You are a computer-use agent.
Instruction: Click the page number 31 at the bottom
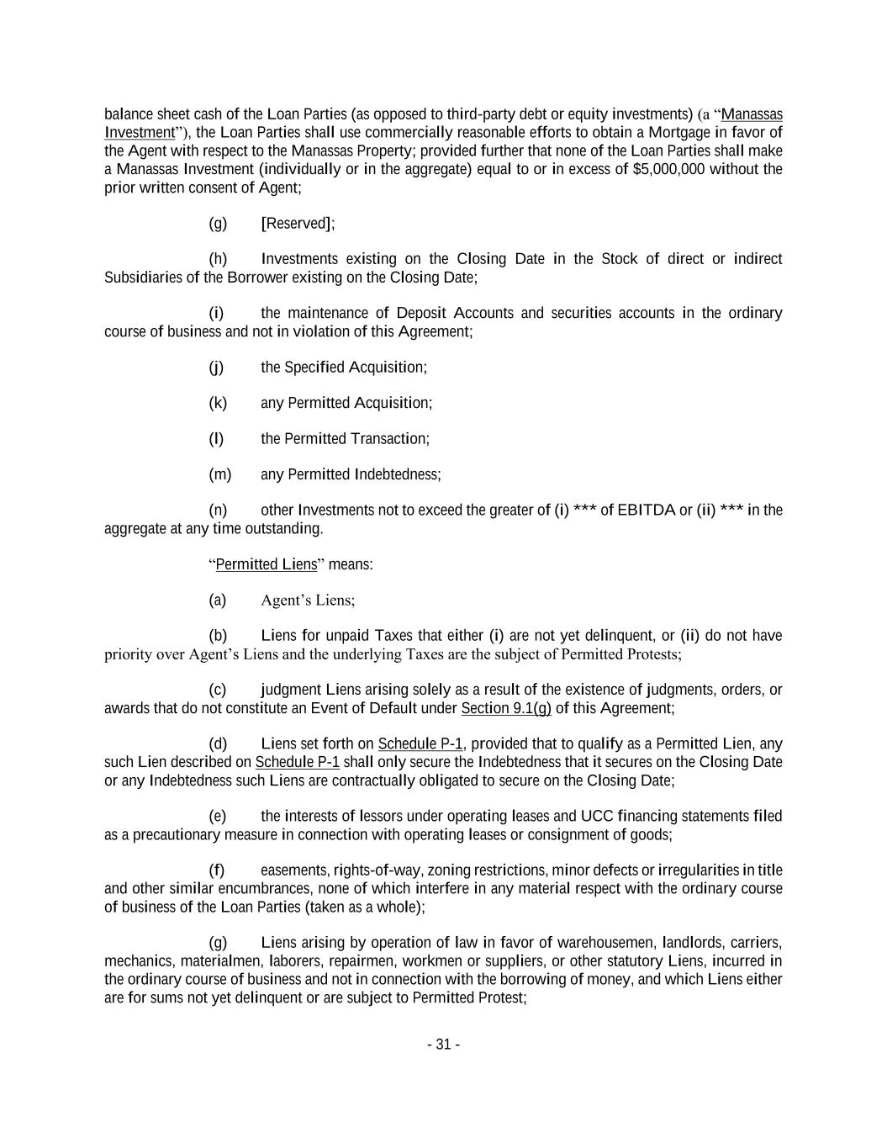tap(443, 1045)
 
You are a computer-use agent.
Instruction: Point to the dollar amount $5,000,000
tap(668, 169)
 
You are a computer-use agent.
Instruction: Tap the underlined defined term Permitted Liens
tap(267, 564)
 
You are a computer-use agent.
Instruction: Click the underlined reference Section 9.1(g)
tap(506, 708)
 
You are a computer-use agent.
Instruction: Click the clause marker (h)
tap(218, 259)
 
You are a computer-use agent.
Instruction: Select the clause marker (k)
tap(218, 403)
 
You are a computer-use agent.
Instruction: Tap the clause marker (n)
tap(218, 510)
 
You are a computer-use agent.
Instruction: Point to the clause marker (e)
tap(218, 816)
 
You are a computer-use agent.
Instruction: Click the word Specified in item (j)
tap(314, 368)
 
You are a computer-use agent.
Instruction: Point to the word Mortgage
tap(679, 132)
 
